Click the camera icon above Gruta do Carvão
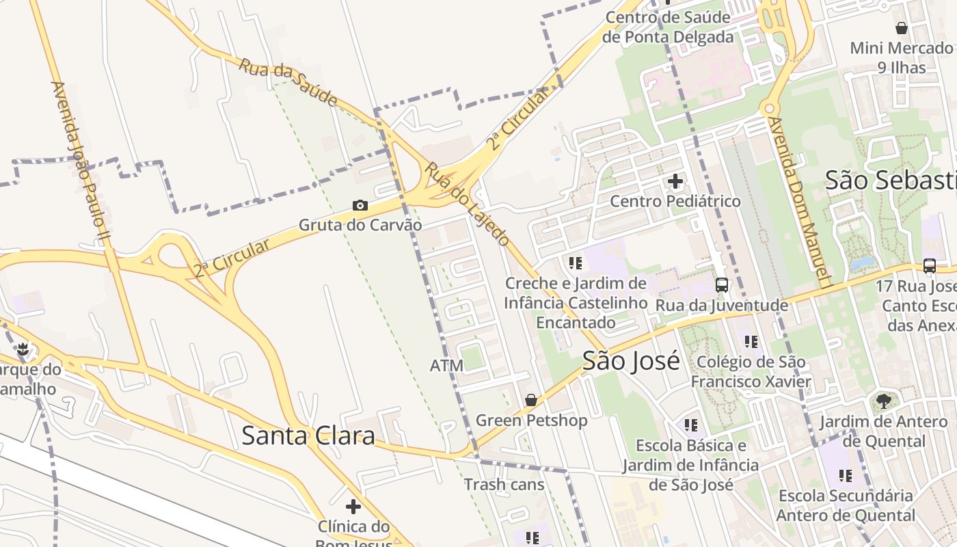[x=360, y=205]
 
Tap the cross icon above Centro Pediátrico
[x=675, y=181]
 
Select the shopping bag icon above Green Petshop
[x=531, y=400]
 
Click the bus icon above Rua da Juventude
[x=722, y=285]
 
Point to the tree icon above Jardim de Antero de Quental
[x=883, y=401]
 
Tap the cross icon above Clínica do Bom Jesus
[x=353, y=507]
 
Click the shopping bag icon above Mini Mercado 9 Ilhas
[x=902, y=28]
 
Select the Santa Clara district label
[x=308, y=436]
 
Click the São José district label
[x=631, y=360]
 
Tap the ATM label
[x=446, y=366]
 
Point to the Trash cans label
[x=504, y=485]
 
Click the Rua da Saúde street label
[x=288, y=83]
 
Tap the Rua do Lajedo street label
[x=467, y=204]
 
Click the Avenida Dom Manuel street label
[x=798, y=201]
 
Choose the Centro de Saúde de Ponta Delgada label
[x=668, y=27]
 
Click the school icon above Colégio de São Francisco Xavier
[x=751, y=342]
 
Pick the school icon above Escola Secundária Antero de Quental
[x=846, y=475]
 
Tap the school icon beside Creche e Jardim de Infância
[x=576, y=263]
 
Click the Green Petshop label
[x=531, y=421]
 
